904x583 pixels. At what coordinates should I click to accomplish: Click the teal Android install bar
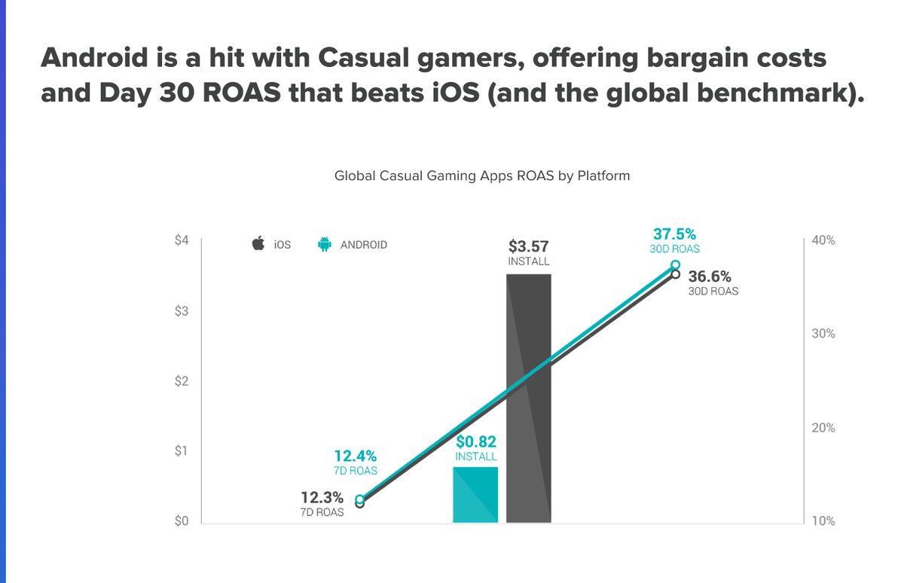click(475, 495)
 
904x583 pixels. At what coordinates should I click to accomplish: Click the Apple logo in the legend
click(258, 244)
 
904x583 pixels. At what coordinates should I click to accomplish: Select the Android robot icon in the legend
click(325, 244)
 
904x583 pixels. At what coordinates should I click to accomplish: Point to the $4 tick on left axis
click(182, 240)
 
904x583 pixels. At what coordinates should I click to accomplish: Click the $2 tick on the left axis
click(182, 381)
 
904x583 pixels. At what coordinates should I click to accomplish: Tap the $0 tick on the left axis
click(182, 521)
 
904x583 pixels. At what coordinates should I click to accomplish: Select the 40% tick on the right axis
click(823, 240)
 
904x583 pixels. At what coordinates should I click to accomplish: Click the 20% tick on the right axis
click(823, 428)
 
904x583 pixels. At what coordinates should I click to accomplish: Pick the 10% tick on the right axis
click(823, 521)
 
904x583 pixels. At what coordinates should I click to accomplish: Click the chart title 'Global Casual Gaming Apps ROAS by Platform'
click(482, 176)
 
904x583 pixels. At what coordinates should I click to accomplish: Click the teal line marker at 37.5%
click(675, 265)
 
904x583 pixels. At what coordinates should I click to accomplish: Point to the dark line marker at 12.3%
click(360, 503)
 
